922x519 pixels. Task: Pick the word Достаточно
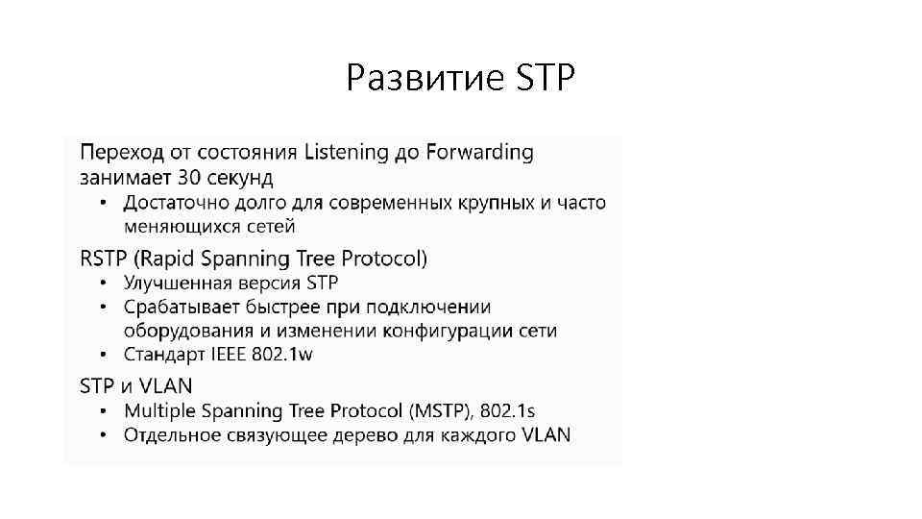[175, 203]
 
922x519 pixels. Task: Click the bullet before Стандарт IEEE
[105, 355]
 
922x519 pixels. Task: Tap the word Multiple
[158, 410]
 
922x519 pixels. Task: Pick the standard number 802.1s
[509, 410]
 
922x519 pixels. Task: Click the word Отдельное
[170, 434]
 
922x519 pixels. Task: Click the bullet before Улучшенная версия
[105, 283]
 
